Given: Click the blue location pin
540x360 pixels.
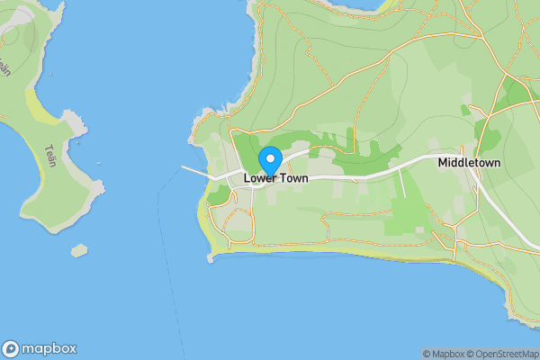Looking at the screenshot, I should click(x=270, y=160).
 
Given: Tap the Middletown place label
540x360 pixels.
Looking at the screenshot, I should click(x=469, y=163).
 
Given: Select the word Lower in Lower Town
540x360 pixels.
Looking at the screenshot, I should click(x=259, y=179).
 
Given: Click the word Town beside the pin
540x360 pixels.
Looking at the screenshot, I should click(x=293, y=179).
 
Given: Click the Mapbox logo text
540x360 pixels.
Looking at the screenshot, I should click(x=50, y=349).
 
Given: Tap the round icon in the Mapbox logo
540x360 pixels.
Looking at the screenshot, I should click(x=12, y=349).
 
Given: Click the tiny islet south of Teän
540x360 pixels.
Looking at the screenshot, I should click(x=80, y=249).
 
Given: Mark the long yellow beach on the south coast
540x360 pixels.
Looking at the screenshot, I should click(x=360, y=255).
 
